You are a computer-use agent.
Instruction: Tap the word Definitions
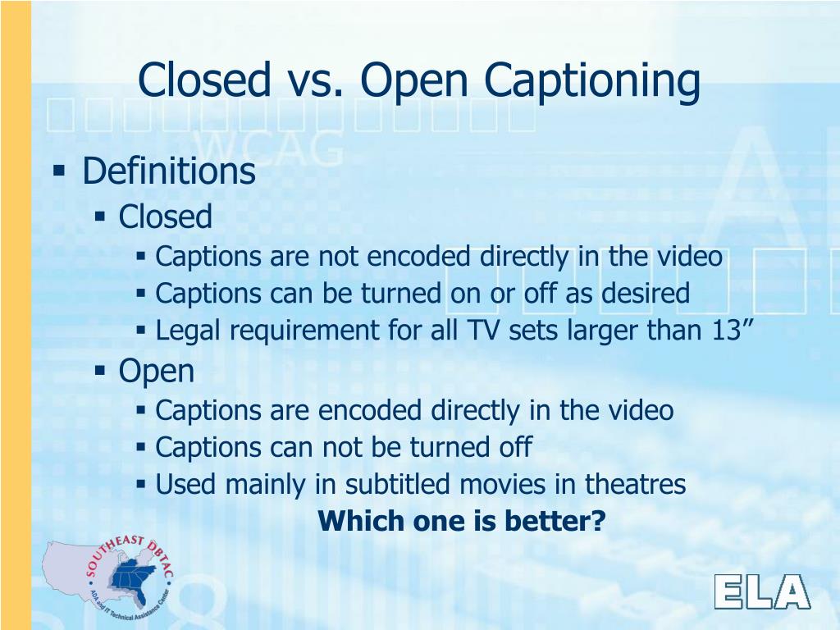point(169,172)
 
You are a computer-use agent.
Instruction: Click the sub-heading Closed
point(166,217)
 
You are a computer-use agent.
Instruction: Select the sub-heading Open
point(157,372)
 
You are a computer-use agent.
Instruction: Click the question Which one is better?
point(461,520)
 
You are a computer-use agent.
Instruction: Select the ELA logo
point(761,591)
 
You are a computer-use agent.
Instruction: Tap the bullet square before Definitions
point(58,171)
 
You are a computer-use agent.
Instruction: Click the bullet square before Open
point(100,372)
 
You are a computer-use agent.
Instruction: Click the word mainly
point(267,485)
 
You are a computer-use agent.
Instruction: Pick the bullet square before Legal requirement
point(141,331)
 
